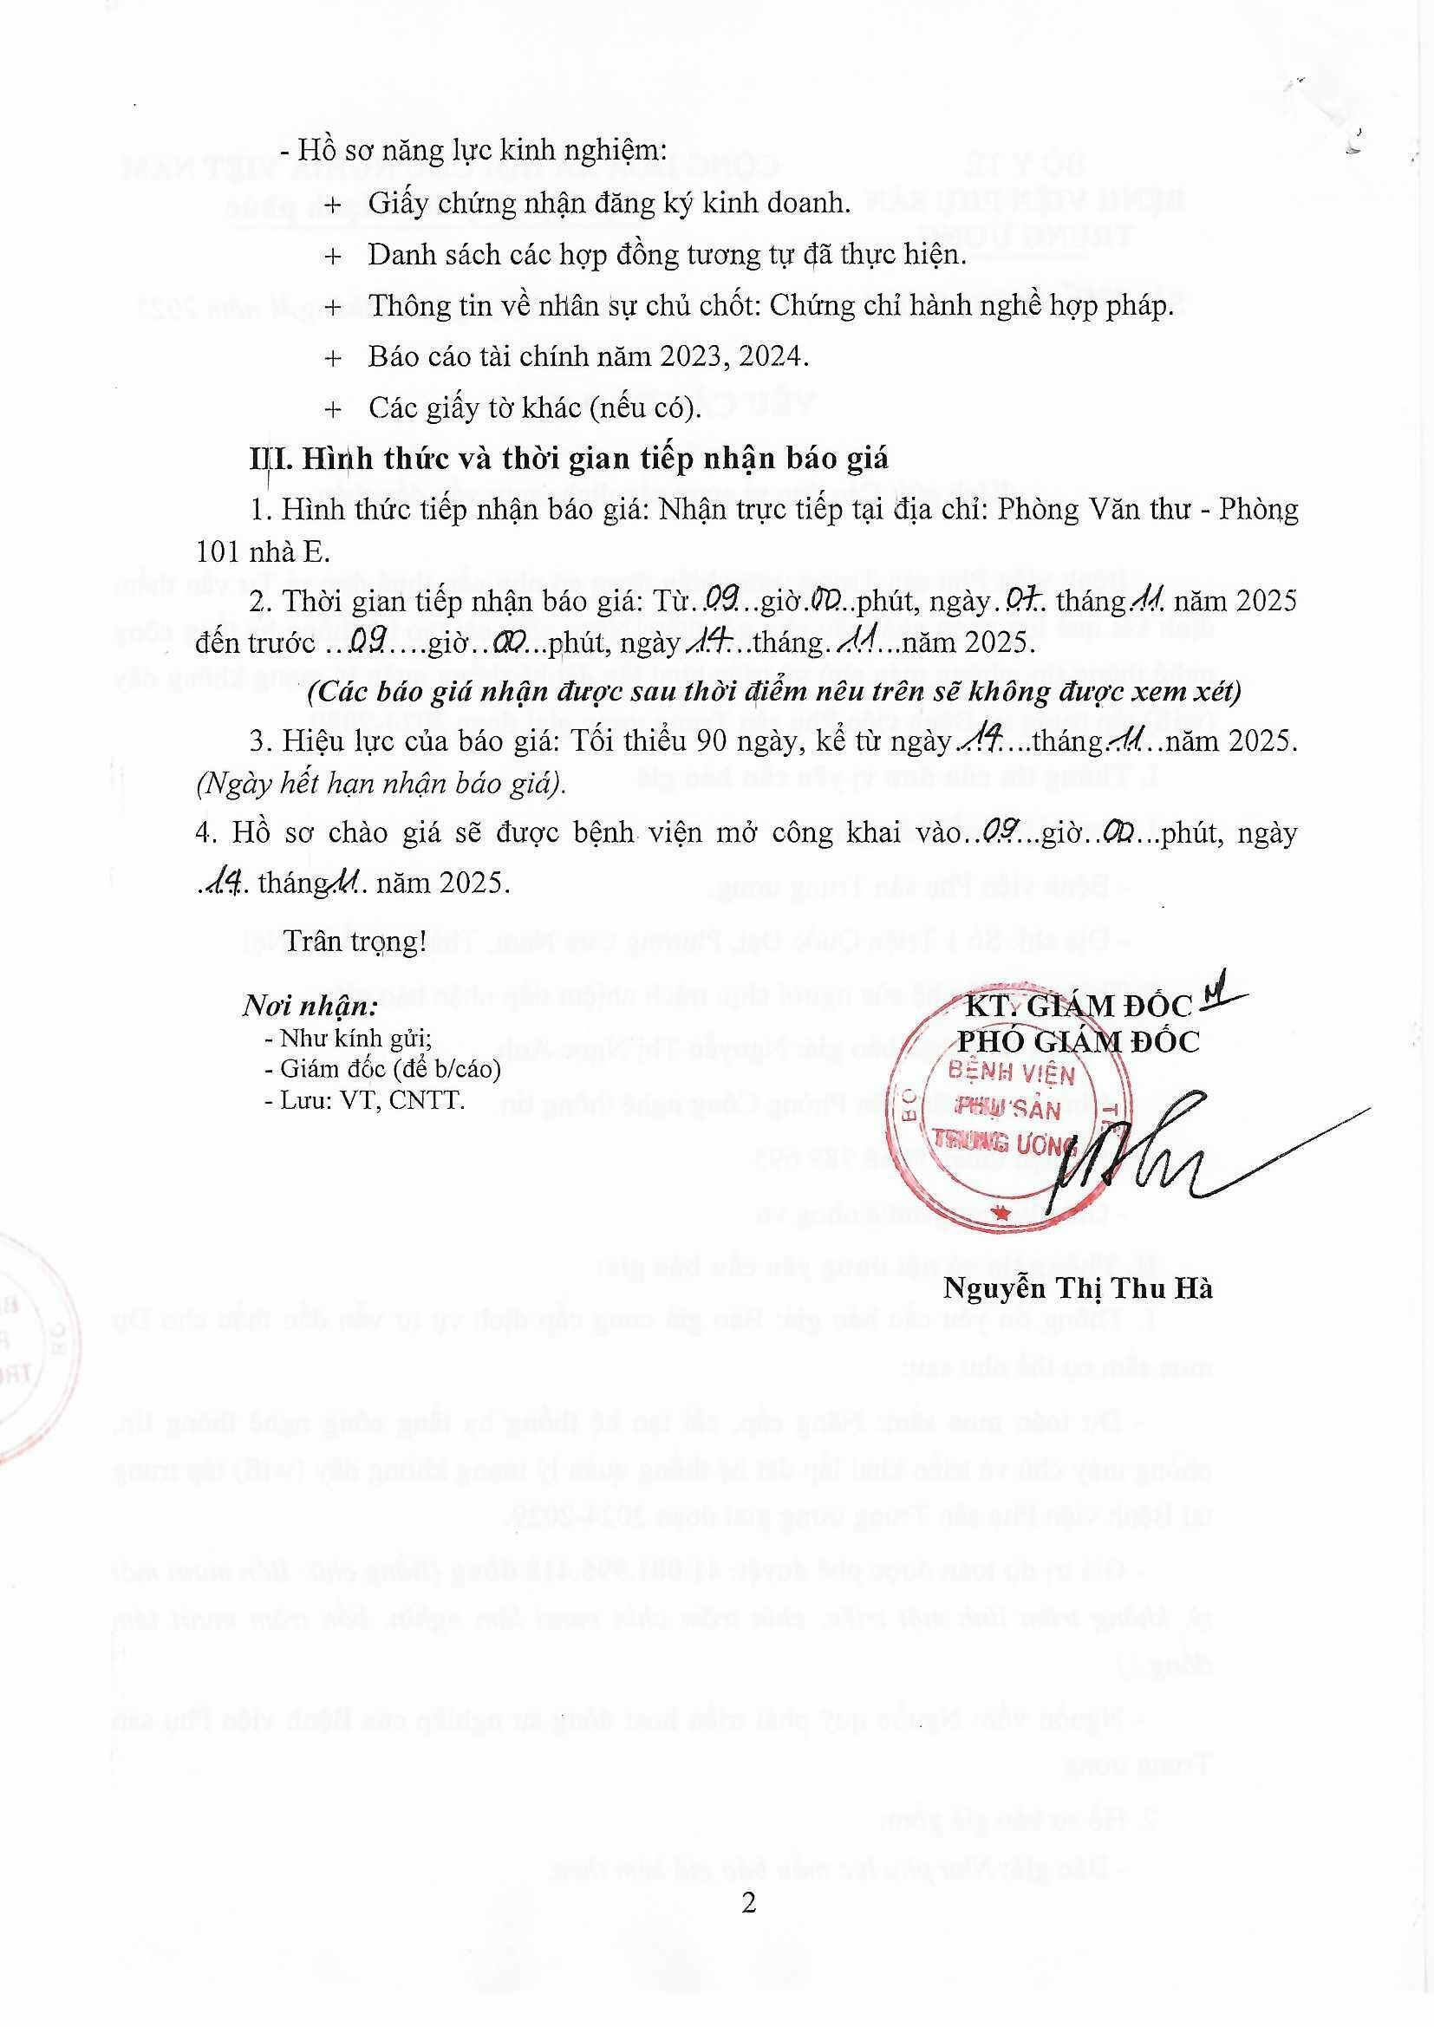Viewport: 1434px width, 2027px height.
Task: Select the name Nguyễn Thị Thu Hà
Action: click(1078, 1288)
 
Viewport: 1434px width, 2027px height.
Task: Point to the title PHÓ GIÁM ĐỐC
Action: click(1079, 1043)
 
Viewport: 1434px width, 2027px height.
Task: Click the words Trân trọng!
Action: click(354, 942)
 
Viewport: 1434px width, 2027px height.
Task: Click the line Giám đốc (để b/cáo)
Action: click(382, 1069)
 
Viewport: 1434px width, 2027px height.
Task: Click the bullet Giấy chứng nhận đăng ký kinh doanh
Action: click(609, 204)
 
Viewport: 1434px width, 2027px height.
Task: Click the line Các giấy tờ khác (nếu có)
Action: click(534, 407)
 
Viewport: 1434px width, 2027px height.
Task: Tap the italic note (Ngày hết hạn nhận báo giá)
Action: click(381, 785)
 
